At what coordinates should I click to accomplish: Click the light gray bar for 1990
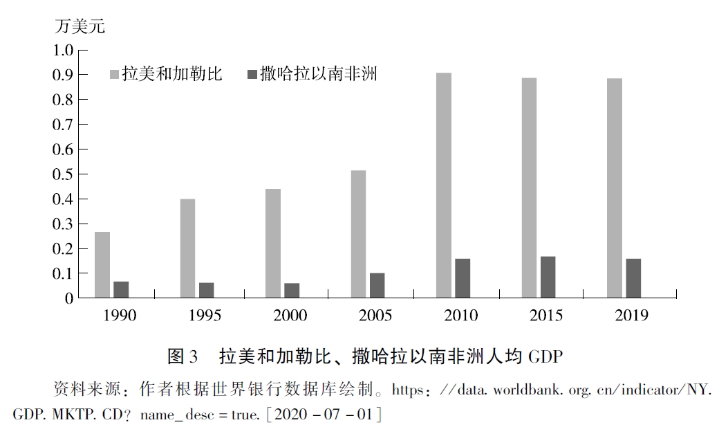[102, 265]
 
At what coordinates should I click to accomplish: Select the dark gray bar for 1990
[121, 290]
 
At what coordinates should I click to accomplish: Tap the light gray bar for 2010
[444, 185]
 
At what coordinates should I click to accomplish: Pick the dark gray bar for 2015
[548, 277]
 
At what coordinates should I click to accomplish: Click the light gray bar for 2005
[358, 234]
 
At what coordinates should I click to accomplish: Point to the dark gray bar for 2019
[633, 278]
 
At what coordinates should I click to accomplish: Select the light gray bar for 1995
[187, 248]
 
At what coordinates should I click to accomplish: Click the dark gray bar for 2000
[292, 291]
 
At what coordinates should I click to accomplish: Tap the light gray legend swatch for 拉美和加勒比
[115, 73]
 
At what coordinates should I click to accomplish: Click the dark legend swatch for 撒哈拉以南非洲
[251, 73]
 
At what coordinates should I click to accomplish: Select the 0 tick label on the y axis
[68, 298]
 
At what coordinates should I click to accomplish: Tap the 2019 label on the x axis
[632, 316]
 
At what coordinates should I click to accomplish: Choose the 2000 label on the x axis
[290, 316]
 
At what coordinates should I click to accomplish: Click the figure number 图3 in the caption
[183, 357]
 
